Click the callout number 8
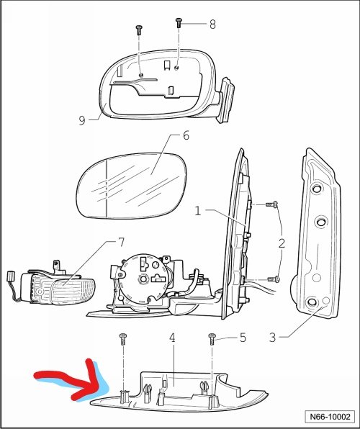(212, 24)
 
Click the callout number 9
(82, 120)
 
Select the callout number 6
(186, 135)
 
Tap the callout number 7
(121, 243)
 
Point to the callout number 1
(198, 211)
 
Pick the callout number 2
(282, 243)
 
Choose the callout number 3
(272, 338)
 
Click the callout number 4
(172, 338)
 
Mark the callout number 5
(243, 338)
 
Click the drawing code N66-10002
(330, 417)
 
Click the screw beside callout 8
(179, 23)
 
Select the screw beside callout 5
(212, 339)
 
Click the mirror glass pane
(132, 186)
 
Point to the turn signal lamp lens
(73, 291)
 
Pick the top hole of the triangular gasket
(317, 189)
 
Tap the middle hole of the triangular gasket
(321, 221)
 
